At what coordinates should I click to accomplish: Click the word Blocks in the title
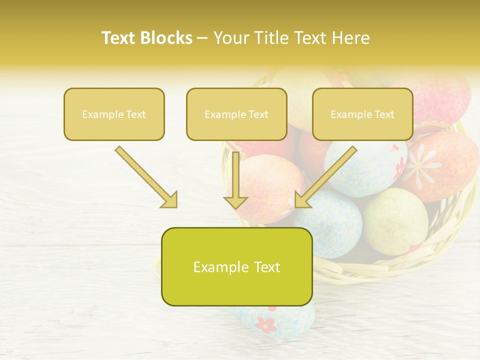pos(165,38)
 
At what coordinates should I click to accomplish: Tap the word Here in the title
pos(351,38)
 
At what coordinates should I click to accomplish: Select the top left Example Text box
pos(114,114)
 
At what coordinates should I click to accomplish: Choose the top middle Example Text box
pos(236,114)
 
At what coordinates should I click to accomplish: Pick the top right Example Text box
pos(362,114)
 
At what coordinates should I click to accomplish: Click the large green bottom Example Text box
pos(236,266)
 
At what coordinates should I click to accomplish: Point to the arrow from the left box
pos(145,176)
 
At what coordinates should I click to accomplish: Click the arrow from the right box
pos(327,175)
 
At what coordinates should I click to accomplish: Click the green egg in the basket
pos(395,220)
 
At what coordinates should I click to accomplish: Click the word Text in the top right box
pos(384,114)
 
